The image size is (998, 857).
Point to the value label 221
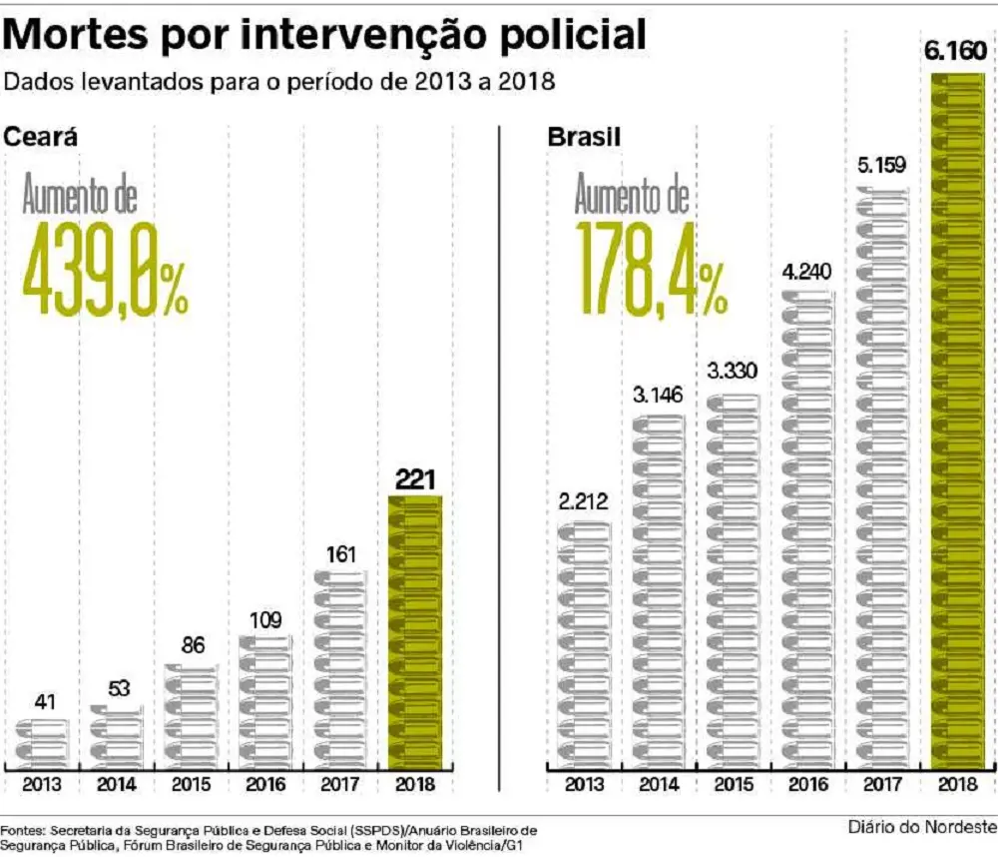point(415,478)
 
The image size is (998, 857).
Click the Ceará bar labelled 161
point(340,668)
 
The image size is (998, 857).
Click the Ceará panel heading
point(41,137)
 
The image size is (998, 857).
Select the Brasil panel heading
point(584,137)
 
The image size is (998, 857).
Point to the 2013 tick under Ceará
point(42,785)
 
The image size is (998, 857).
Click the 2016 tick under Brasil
point(807,785)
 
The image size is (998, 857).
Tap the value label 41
point(44,701)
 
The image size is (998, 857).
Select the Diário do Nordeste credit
point(922,827)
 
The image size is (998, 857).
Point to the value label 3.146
point(658,394)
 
